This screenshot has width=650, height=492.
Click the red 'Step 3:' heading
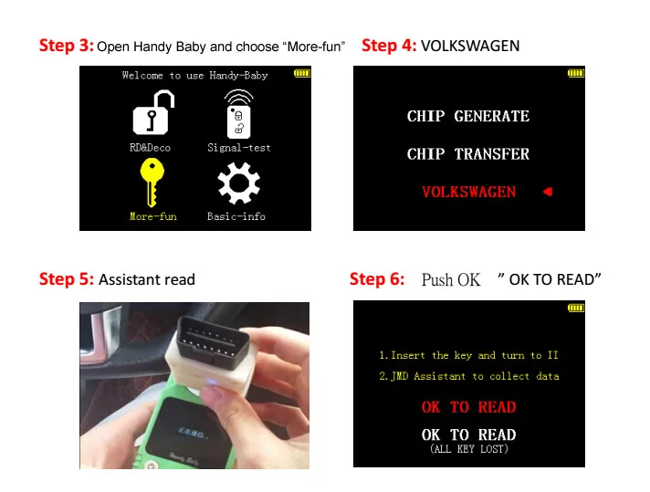(x=67, y=45)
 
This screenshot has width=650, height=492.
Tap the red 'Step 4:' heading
(x=389, y=45)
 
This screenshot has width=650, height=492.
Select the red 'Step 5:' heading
(x=67, y=279)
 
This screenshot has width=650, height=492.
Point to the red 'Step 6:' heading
(x=377, y=279)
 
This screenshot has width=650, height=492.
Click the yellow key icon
(x=152, y=183)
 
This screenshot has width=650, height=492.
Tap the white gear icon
(x=239, y=183)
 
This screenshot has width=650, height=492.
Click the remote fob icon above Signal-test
(x=239, y=114)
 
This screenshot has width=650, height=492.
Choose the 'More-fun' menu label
(x=153, y=216)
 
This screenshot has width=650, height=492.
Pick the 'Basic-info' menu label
(x=236, y=216)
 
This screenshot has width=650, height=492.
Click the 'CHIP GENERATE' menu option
(x=468, y=116)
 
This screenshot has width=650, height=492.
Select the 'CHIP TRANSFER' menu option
(x=468, y=154)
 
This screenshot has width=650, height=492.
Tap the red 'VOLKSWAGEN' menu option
(x=469, y=192)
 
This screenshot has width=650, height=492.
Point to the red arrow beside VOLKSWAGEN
(x=548, y=192)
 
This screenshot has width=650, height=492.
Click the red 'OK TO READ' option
(x=469, y=407)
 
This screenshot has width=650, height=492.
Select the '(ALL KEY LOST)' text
(x=469, y=449)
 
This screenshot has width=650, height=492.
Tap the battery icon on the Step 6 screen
(x=576, y=308)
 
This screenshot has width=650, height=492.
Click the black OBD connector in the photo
(x=212, y=339)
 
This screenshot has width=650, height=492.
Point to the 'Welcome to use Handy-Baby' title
(x=194, y=76)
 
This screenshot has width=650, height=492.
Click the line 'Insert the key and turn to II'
(x=468, y=355)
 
